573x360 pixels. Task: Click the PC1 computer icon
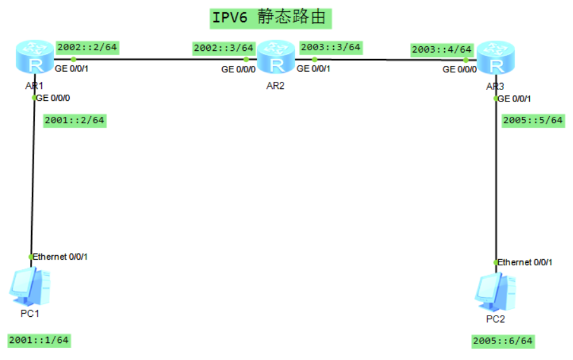(x=30, y=287)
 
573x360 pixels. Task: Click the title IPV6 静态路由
(x=270, y=17)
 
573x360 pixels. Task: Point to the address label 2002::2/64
(x=88, y=47)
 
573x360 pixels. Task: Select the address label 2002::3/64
(x=224, y=48)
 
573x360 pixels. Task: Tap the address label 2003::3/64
(x=330, y=47)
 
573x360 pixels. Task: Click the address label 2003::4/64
(x=442, y=49)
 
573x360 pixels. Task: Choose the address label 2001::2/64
(x=74, y=121)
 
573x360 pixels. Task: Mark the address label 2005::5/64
(x=532, y=121)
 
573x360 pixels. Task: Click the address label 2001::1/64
(x=39, y=340)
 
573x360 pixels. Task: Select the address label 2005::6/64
(x=503, y=342)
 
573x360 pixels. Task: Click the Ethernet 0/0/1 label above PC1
(x=60, y=257)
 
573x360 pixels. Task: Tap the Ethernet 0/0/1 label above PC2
(x=525, y=262)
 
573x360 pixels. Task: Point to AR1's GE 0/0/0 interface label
(x=53, y=98)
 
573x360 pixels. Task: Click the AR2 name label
(x=275, y=86)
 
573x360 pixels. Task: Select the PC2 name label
(x=495, y=319)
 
